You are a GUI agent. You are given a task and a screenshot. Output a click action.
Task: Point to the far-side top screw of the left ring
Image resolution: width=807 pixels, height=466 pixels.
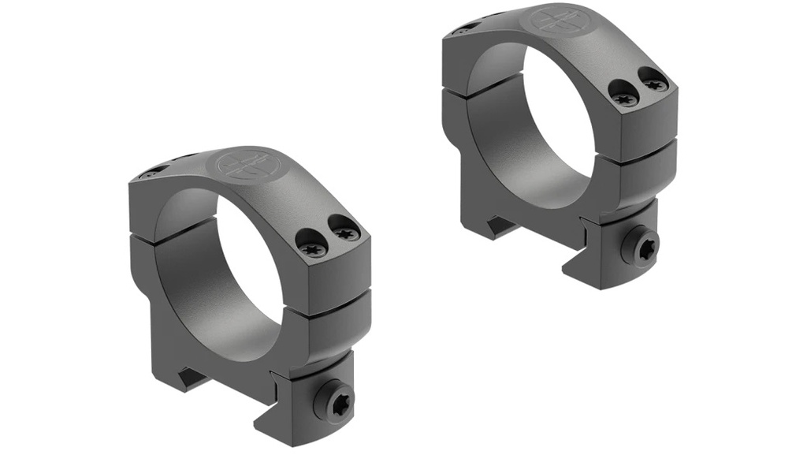point(150,173)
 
